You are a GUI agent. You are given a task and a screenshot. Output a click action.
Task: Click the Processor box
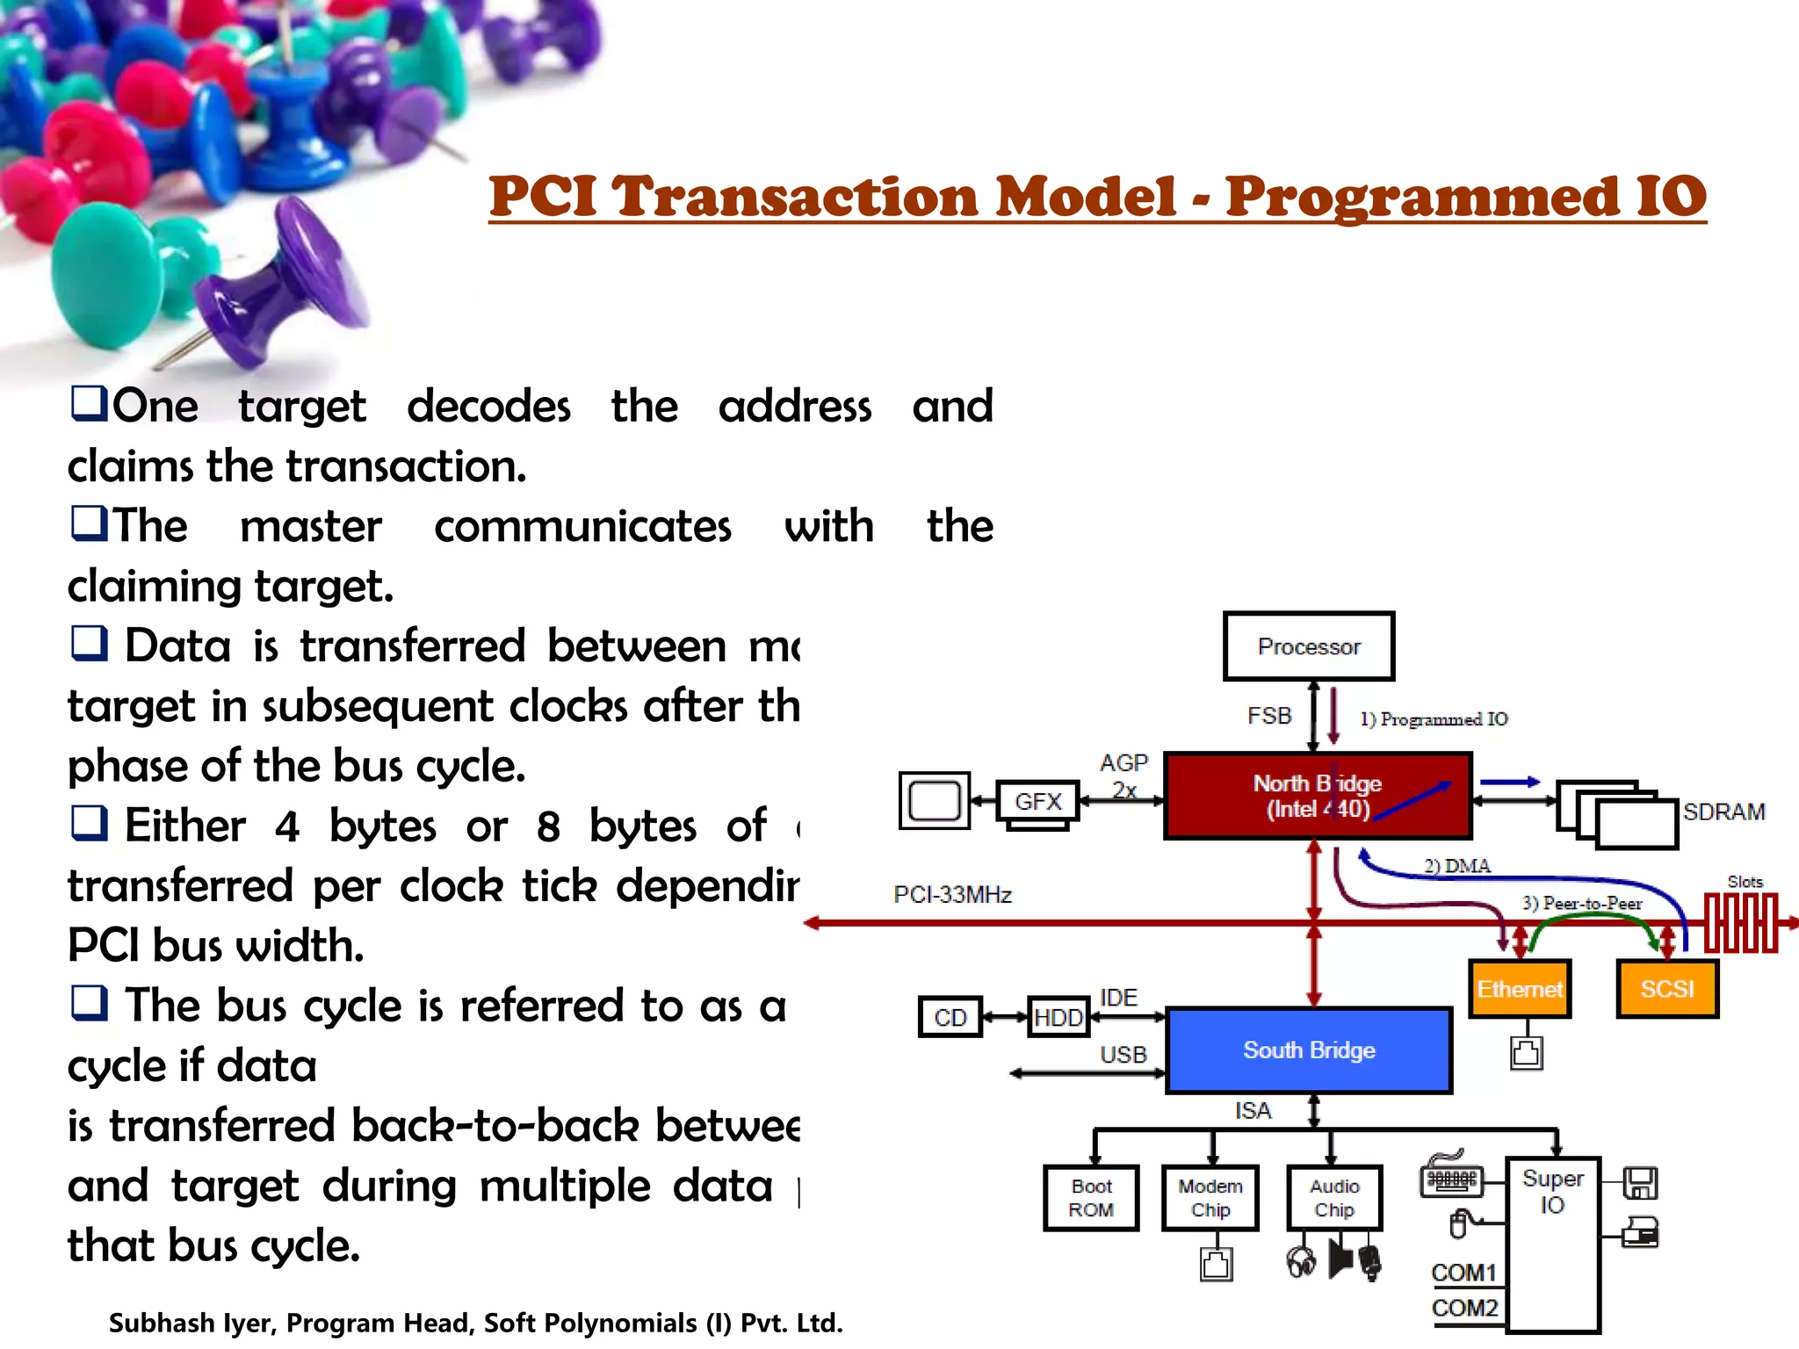click(x=1308, y=646)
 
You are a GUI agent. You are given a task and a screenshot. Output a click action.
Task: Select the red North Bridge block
click(x=1317, y=796)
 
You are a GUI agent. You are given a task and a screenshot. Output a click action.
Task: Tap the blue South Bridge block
click(x=1308, y=1050)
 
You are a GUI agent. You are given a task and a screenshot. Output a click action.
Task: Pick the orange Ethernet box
click(x=1519, y=989)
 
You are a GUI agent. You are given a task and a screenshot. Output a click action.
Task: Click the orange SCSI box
click(x=1666, y=989)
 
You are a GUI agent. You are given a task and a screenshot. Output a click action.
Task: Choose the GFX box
click(x=1037, y=801)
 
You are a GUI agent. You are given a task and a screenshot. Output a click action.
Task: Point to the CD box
click(x=950, y=1017)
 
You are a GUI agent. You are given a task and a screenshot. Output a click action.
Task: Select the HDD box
click(x=1058, y=1017)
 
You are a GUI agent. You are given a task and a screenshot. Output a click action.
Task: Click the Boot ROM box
click(x=1091, y=1198)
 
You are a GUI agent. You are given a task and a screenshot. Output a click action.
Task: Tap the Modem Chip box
click(x=1210, y=1198)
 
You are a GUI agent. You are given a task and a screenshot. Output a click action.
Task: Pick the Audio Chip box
click(x=1333, y=1198)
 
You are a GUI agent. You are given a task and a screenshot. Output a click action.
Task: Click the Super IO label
click(x=1552, y=1191)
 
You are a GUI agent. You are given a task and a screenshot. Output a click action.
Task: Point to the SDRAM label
click(x=1723, y=812)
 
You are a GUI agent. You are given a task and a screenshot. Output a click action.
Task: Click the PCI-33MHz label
click(x=952, y=894)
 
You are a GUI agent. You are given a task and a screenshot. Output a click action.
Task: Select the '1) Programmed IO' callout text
click(x=1434, y=719)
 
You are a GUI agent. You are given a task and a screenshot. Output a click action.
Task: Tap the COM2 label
click(x=1463, y=1308)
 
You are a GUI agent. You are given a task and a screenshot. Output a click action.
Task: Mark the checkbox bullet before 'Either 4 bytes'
click(x=89, y=823)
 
